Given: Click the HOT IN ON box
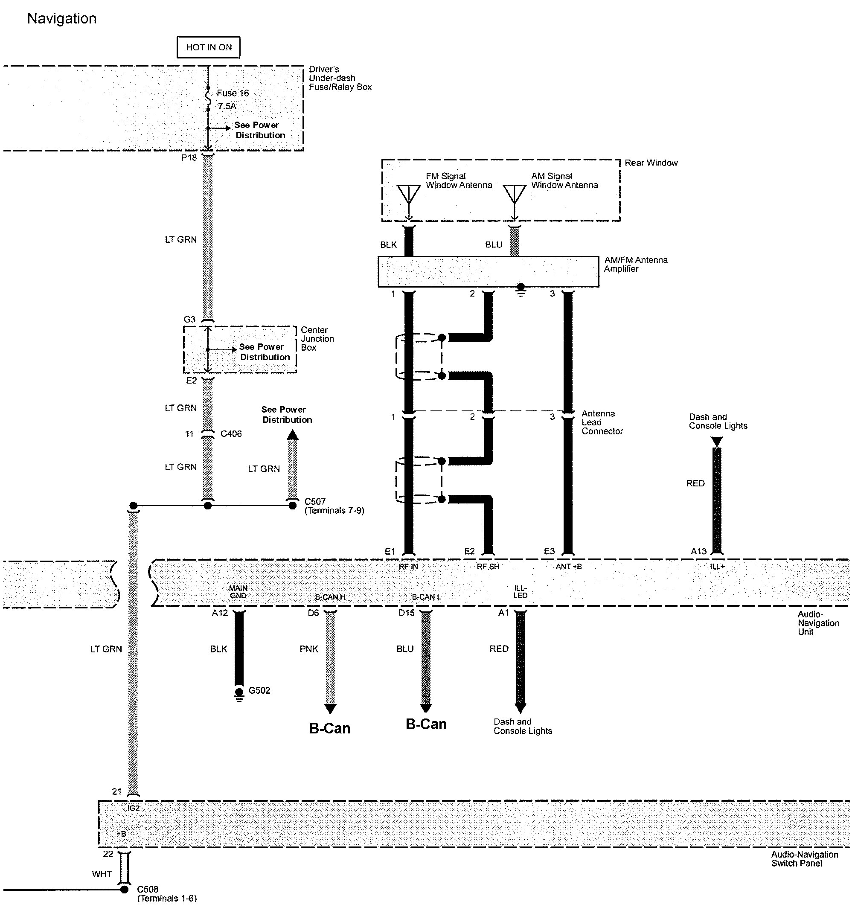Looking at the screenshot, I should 209,47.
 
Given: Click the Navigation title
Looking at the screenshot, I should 61,18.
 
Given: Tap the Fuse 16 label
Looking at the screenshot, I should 232,93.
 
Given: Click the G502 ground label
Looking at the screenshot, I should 259,690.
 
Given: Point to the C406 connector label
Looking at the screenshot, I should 231,433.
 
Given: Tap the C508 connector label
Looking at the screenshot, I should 148,889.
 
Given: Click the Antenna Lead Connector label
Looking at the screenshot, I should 602,422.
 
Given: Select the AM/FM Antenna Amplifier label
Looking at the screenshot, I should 636,264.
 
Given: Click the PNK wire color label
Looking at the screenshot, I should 308,649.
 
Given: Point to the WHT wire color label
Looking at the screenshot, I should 102,874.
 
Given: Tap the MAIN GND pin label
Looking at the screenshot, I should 238,592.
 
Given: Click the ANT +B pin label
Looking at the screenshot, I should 569,566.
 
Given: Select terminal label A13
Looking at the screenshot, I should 698,551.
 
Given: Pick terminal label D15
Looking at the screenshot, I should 406,613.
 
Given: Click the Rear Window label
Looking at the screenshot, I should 651,163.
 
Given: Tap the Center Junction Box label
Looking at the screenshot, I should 317,339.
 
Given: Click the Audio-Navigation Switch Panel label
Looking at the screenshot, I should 804,858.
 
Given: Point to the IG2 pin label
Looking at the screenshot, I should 133,808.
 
